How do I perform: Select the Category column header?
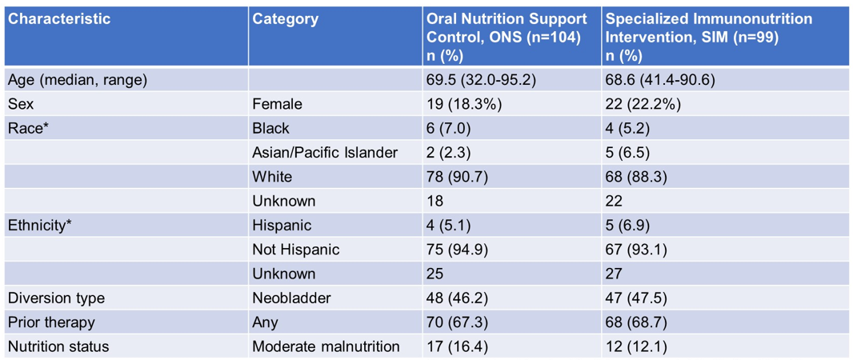[x=285, y=18]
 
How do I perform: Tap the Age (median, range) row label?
[x=78, y=80]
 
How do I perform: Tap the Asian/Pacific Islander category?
[x=324, y=153]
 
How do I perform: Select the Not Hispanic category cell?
[x=295, y=250]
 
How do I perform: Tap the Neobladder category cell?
[x=291, y=298]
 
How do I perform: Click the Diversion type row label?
[x=56, y=298]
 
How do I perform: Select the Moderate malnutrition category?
[x=326, y=346]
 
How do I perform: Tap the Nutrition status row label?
[x=58, y=346]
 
